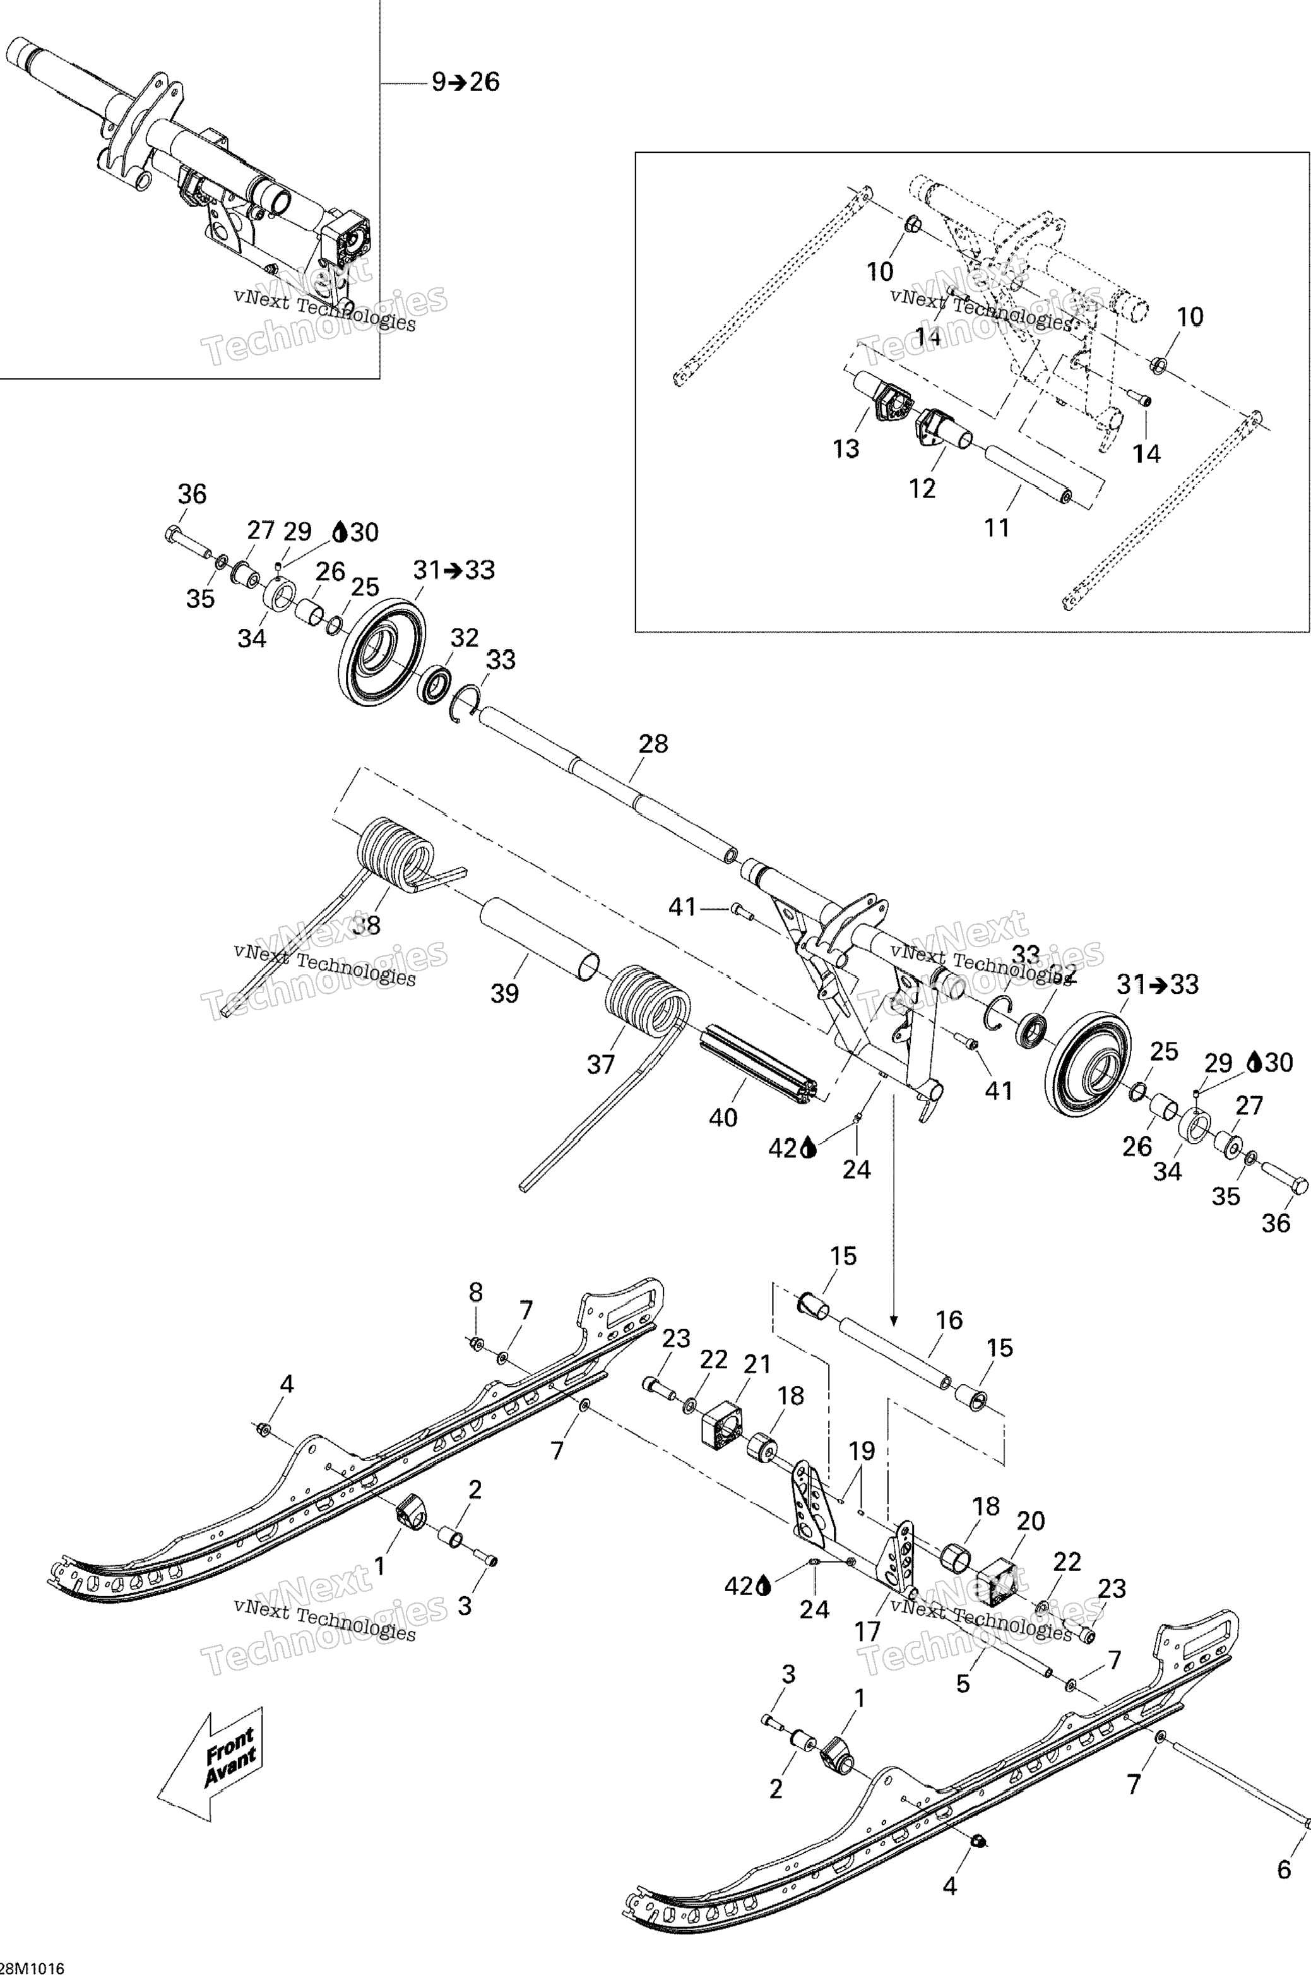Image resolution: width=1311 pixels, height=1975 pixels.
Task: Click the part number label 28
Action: [653, 743]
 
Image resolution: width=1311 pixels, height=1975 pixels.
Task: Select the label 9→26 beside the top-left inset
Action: [466, 82]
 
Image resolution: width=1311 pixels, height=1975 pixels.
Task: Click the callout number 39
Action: [504, 993]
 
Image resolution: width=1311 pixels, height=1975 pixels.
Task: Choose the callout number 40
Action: [723, 1117]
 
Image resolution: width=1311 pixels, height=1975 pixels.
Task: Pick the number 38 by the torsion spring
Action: [366, 925]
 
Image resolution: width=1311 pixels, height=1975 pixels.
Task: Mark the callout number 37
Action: [600, 1064]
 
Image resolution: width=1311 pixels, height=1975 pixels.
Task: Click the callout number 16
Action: [949, 1320]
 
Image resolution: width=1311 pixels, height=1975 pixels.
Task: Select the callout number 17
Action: [867, 1630]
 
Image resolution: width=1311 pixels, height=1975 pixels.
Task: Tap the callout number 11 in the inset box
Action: [997, 528]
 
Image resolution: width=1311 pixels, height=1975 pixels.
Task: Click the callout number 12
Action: [922, 488]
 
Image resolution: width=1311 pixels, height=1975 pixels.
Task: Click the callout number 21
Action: [757, 1364]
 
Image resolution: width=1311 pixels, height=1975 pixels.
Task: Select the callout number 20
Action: [1031, 1520]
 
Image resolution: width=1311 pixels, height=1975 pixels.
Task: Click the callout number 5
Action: [963, 1683]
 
